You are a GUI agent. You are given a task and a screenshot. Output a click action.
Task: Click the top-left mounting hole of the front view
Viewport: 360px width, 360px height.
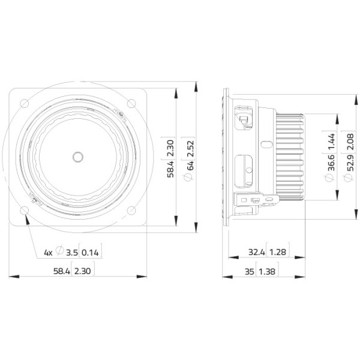(25, 103)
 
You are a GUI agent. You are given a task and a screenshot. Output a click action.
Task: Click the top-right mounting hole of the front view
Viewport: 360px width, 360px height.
(131, 103)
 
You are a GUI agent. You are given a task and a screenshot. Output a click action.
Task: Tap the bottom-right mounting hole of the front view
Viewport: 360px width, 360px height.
(131, 211)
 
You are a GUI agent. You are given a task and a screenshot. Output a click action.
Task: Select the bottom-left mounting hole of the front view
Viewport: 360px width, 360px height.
(25, 211)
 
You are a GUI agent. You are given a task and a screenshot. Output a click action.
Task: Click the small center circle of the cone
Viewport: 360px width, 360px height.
(78, 157)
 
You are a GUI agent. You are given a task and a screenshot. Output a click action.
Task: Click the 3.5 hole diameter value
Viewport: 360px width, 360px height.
(72, 253)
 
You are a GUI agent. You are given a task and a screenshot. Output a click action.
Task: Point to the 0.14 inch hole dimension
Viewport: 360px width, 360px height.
(90, 253)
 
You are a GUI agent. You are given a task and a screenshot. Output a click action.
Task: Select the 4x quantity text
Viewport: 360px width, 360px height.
(48, 253)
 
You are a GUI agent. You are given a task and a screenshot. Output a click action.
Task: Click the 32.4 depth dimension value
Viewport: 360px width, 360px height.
(257, 253)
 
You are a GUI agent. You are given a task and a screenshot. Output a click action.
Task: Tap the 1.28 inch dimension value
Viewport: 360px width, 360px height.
(278, 253)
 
